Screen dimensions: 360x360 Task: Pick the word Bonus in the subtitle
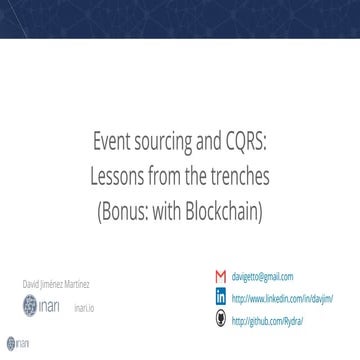coord(153,214)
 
